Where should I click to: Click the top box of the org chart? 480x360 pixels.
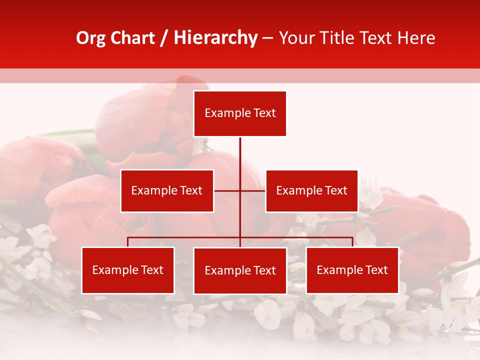point(240,113)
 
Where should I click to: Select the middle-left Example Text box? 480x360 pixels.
point(167,191)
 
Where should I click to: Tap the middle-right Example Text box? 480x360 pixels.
point(311,191)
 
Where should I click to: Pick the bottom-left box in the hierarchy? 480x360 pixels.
point(128,270)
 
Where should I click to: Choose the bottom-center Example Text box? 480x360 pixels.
point(240,271)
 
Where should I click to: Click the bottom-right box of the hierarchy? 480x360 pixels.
point(352,270)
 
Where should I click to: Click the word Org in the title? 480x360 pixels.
point(90,38)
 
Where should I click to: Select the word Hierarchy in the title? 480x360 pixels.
point(215,38)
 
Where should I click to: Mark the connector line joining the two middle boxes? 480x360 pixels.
point(252,190)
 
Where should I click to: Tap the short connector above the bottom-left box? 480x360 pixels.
point(128,242)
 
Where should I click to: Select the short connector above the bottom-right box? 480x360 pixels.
point(352,242)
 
